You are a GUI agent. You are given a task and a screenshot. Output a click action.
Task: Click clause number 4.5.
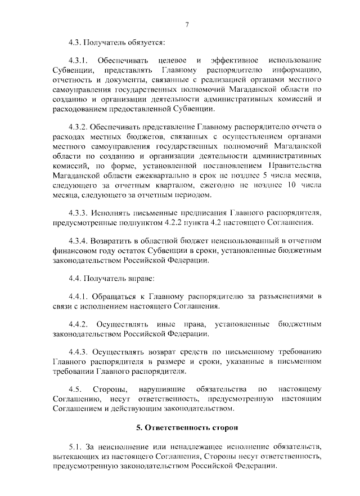(x=74, y=389)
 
